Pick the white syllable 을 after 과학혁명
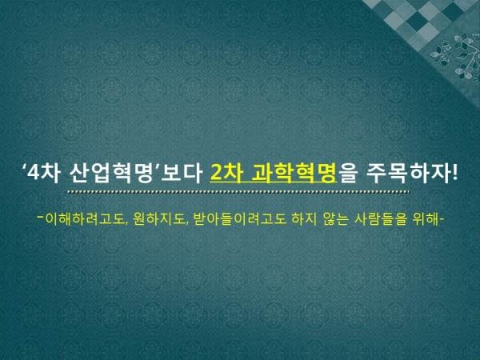point(347,174)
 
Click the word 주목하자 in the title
point(408,174)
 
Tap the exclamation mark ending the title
point(454,174)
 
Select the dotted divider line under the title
point(238,192)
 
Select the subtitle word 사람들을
point(381,219)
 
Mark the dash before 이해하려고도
point(41,218)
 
